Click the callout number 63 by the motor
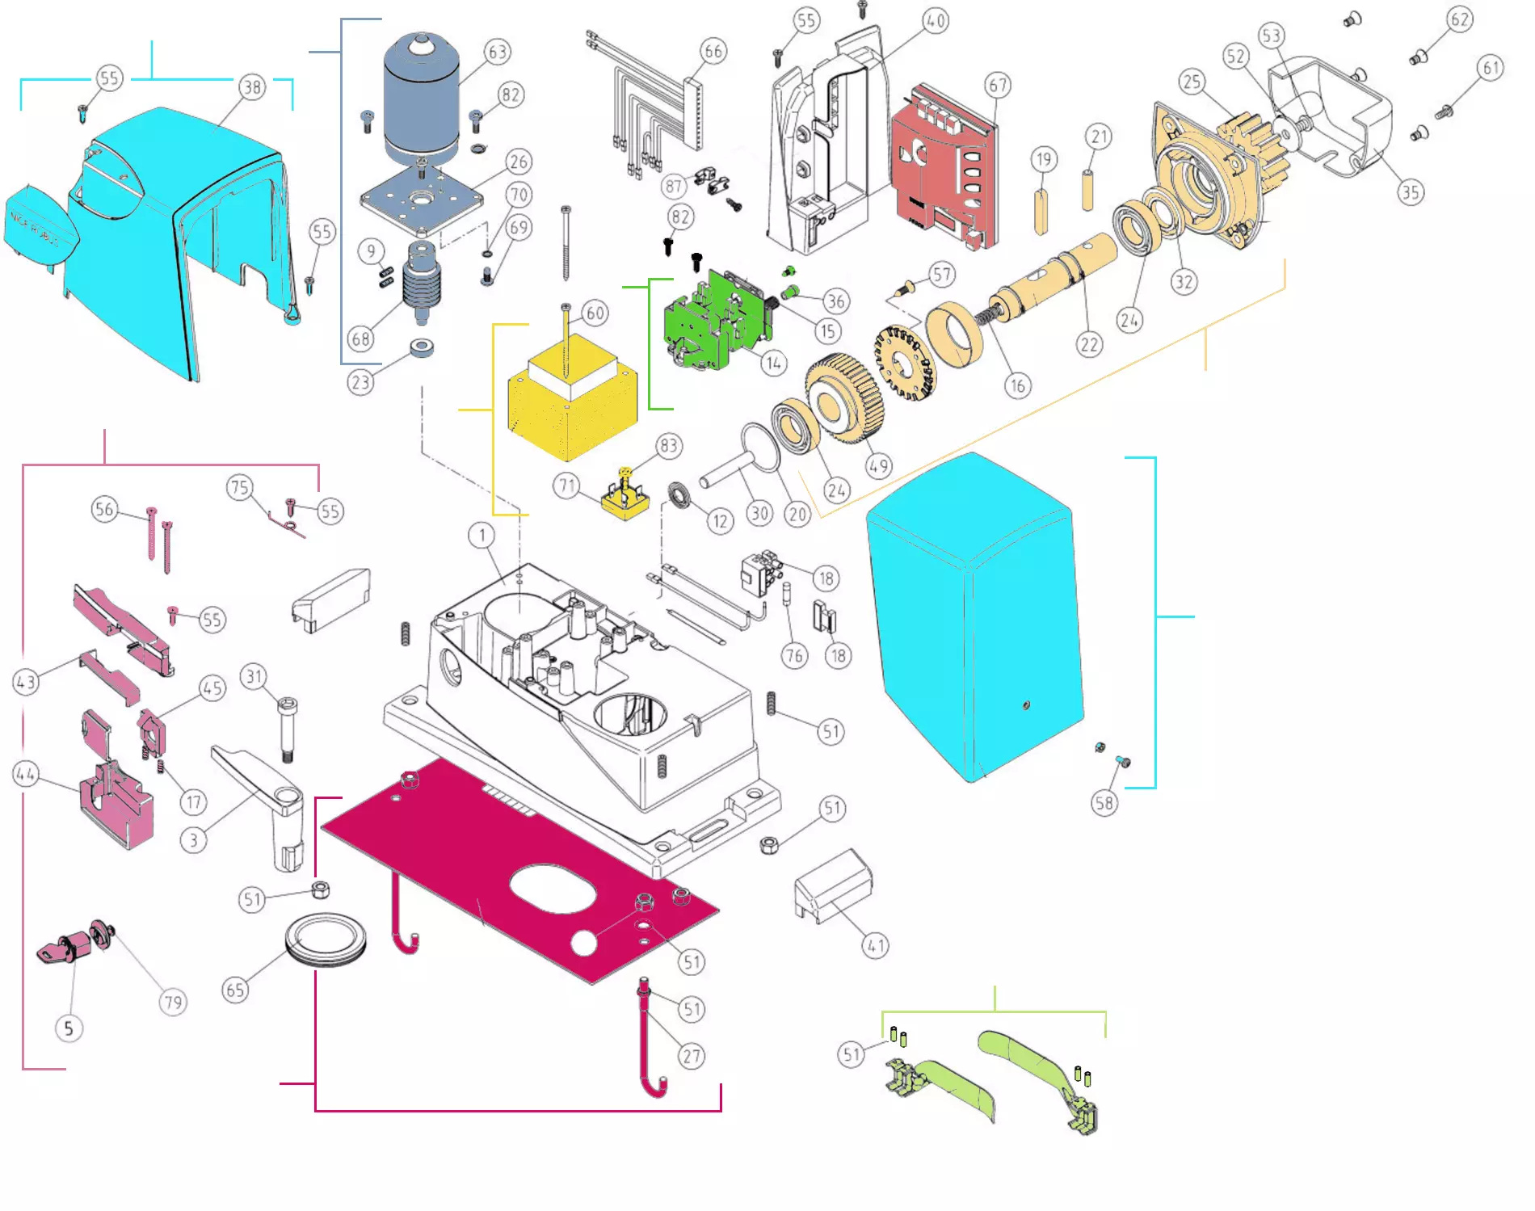(497, 53)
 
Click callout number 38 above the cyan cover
(252, 87)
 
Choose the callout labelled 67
(999, 86)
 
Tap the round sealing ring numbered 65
(326, 939)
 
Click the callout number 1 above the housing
(482, 535)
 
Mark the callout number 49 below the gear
(878, 466)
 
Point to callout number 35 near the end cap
(1411, 192)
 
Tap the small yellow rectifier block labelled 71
(625, 501)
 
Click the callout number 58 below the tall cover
(1104, 803)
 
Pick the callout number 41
(876, 945)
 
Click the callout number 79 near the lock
(173, 1003)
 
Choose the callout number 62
(1459, 19)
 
